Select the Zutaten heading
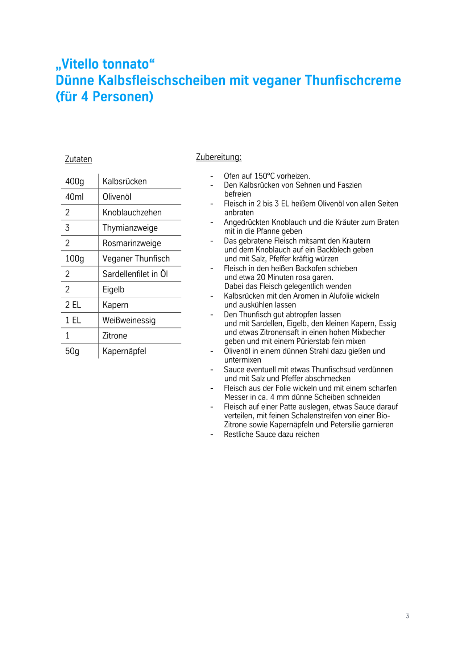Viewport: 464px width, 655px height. click(x=78, y=159)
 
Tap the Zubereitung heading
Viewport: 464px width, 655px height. click(x=219, y=157)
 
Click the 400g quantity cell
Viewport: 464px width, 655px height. click(x=75, y=181)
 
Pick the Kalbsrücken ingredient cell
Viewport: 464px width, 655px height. click(x=125, y=181)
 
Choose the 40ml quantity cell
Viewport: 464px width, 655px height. click(x=74, y=197)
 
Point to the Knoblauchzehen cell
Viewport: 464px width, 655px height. click(x=132, y=212)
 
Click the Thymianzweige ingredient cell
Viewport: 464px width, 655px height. click(x=130, y=228)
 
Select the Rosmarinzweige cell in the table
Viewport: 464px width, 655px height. click(x=132, y=243)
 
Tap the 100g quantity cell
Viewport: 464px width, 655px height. click(x=75, y=259)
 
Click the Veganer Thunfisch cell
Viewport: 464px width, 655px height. click(x=136, y=259)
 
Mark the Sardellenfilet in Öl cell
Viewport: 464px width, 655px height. click(x=135, y=274)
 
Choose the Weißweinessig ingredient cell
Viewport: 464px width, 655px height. click(x=129, y=320)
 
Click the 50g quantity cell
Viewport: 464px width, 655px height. click(x=72, y=351)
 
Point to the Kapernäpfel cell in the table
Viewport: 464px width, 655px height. click(x=124, y=351)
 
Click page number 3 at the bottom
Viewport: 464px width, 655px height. click(x=407, y=616)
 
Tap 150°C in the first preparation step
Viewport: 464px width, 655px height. click(x=269, y=176)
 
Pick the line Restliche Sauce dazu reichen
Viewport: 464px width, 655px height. click(x=272, y=434)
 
